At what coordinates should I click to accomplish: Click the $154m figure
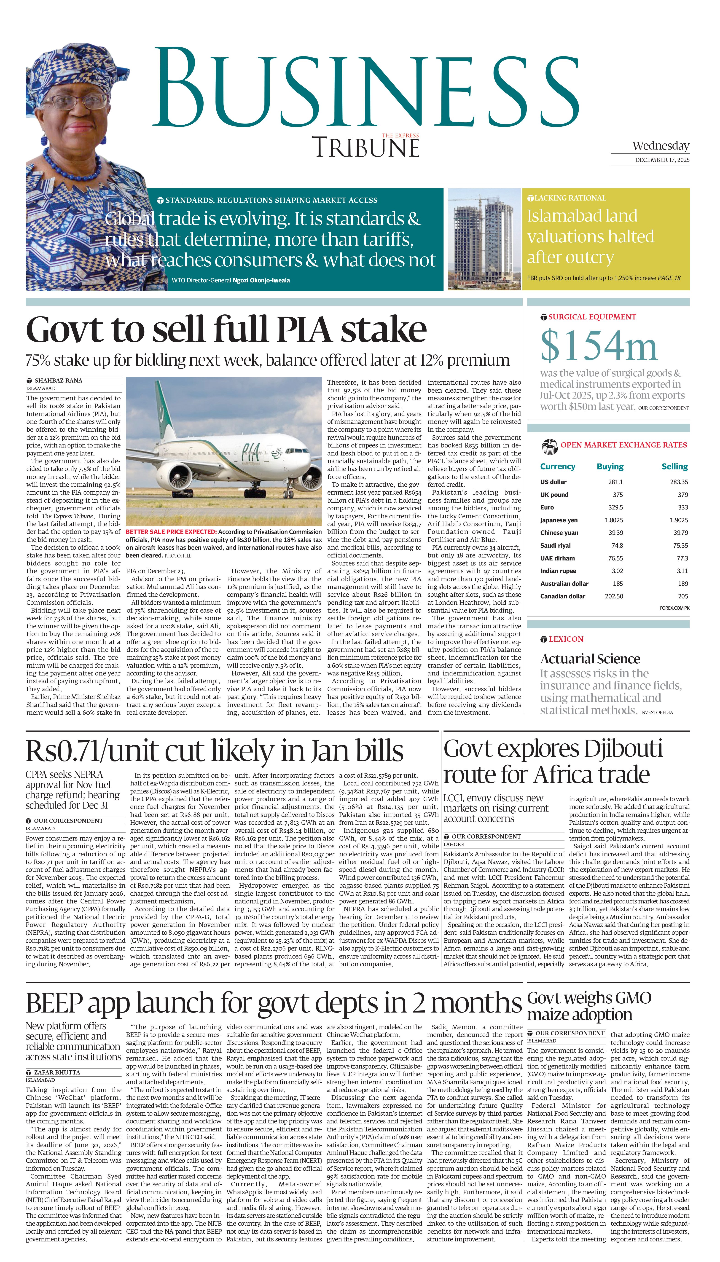[598, 346]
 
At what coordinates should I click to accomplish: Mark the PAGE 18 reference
[669, 278]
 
